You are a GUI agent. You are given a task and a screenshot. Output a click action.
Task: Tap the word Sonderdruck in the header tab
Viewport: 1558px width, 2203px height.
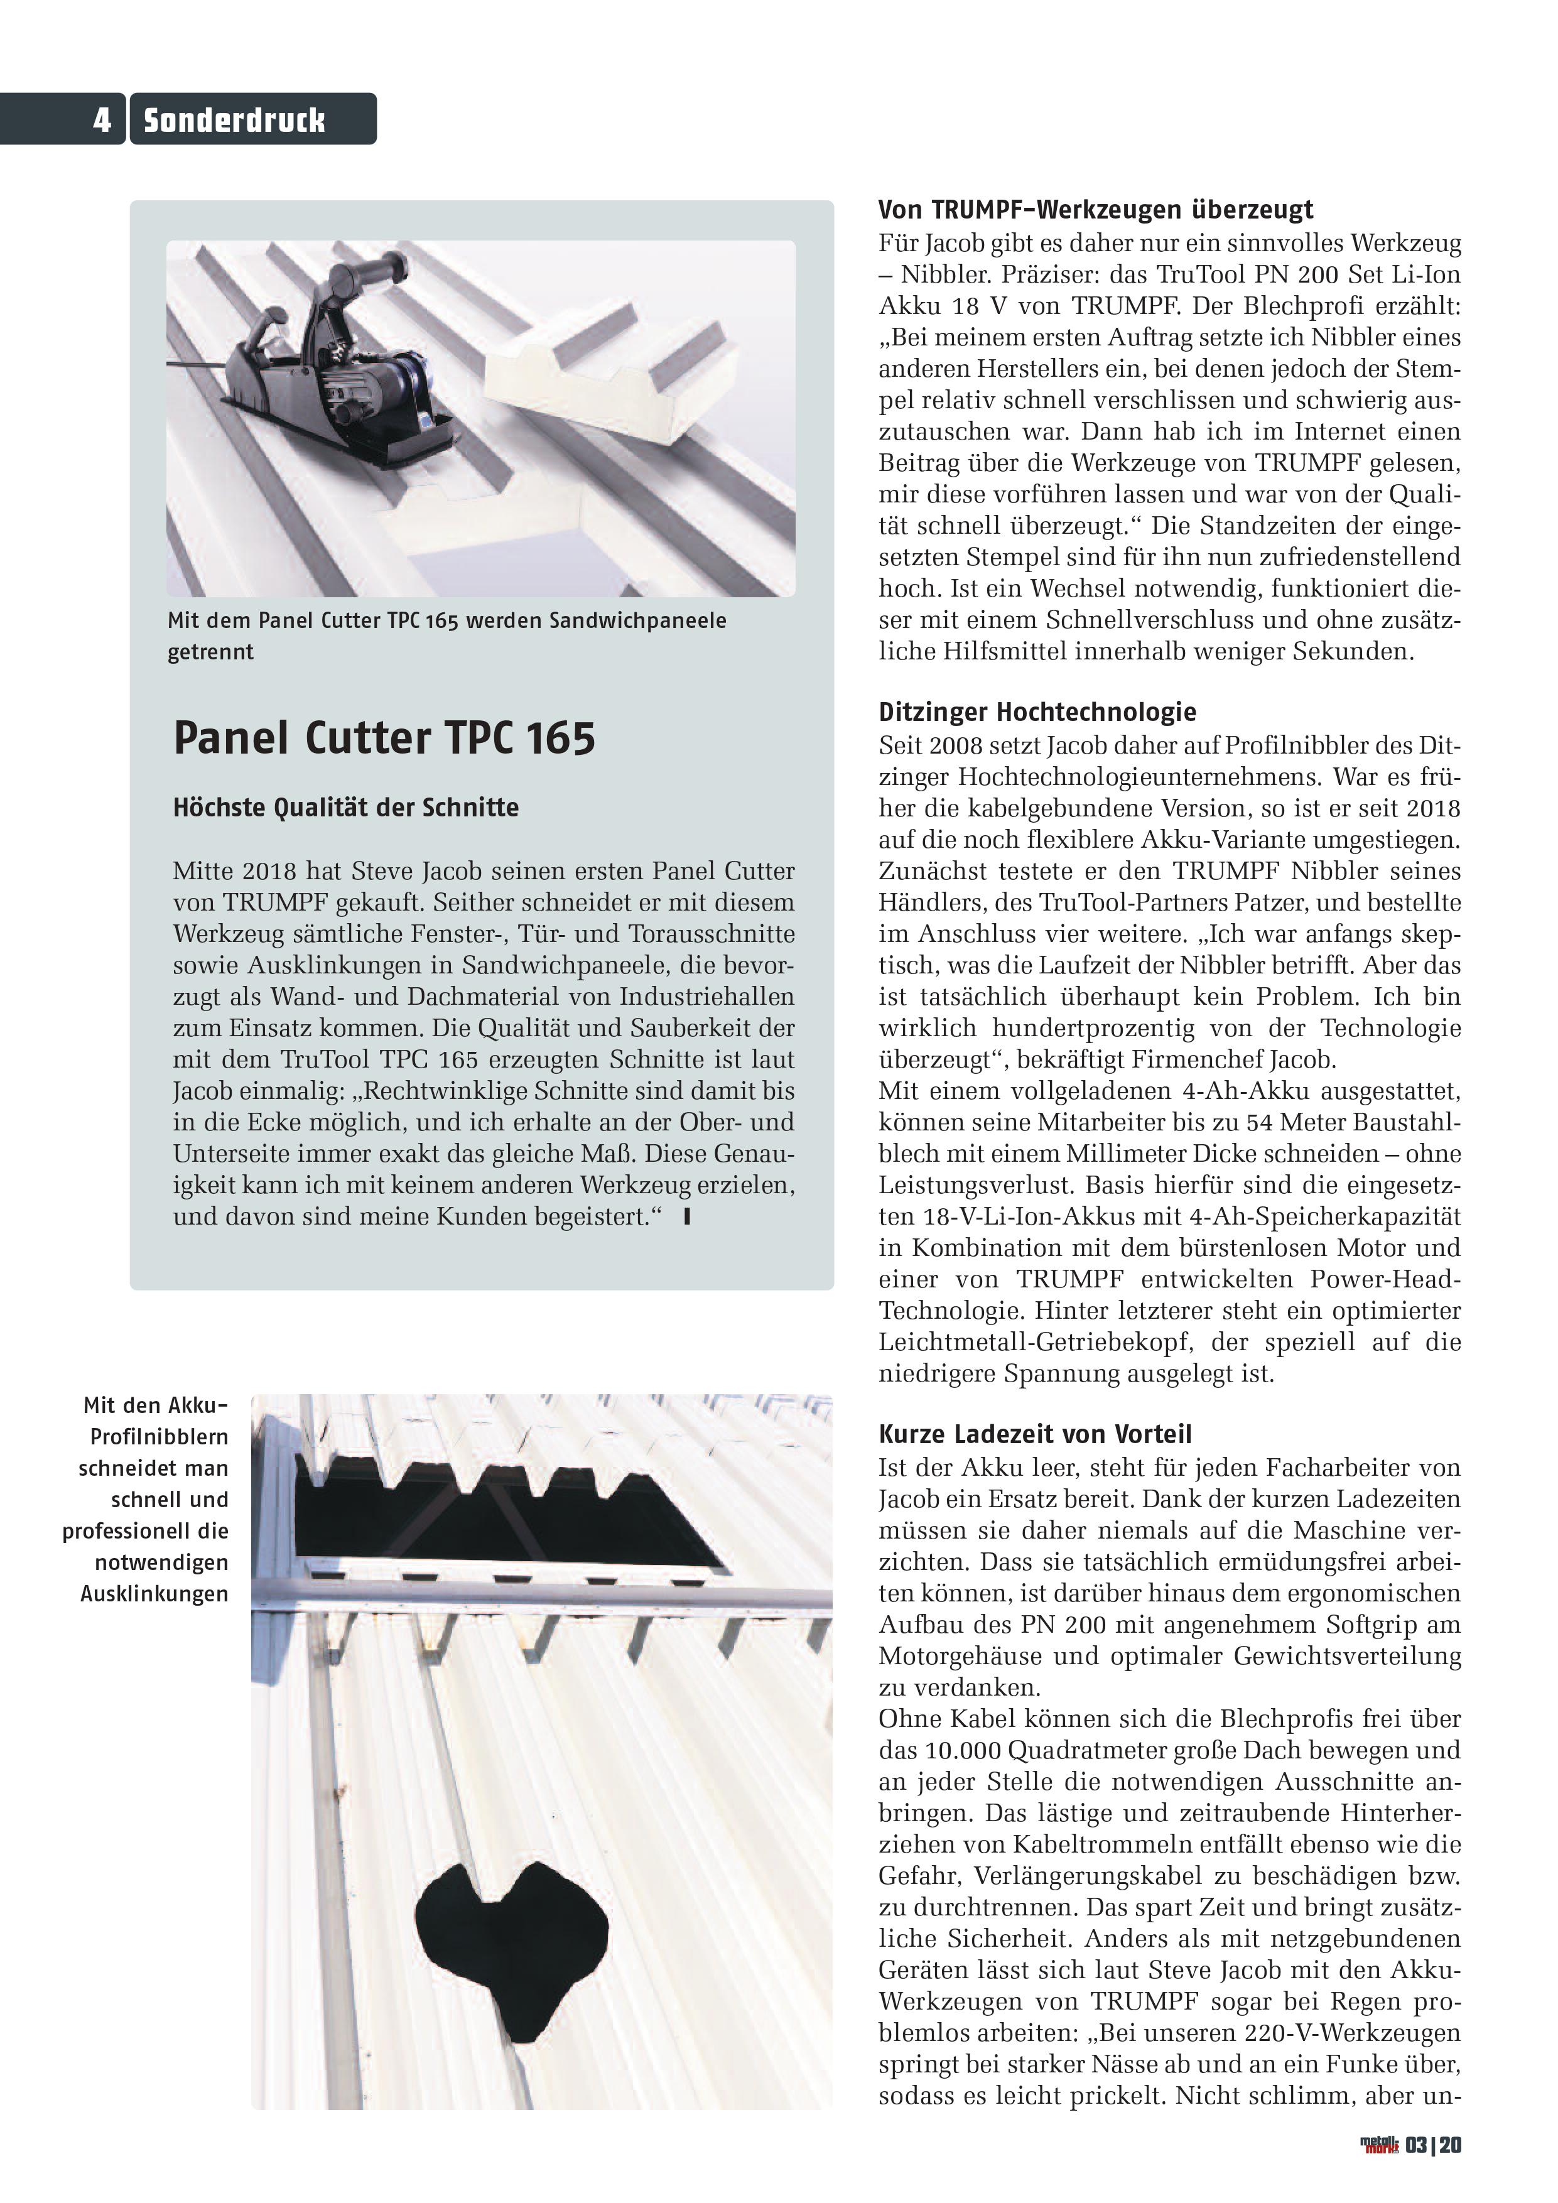[234, 120]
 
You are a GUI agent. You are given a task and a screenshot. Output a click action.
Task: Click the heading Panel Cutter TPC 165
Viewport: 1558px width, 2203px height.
[384, 738]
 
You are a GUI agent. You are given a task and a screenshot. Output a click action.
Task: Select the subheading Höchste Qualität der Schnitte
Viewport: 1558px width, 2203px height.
[345, 807]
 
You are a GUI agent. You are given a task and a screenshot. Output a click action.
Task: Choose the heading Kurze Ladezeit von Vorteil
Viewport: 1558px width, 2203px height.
[1035, 1434]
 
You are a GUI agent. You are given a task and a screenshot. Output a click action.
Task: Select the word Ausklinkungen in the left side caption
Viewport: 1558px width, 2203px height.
[153, 1594]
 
